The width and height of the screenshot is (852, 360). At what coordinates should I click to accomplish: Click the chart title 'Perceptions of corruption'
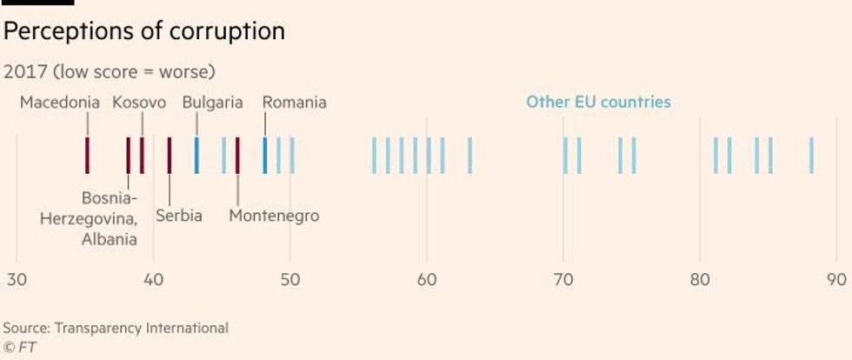point(144,32)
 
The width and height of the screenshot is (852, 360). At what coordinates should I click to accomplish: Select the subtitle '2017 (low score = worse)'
point(109,71)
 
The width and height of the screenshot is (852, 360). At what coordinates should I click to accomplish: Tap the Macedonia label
point(60,103)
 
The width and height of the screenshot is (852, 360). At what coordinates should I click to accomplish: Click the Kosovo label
point(139,103)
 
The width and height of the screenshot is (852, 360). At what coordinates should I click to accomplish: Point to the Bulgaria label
point(212,103)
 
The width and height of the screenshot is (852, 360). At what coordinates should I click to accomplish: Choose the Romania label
point(295,103)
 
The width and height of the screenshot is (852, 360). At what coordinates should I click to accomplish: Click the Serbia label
point(179,216)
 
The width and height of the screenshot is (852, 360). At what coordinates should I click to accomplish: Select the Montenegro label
point(274,216)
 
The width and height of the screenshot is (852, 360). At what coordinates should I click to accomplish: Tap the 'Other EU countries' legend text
point(598,103)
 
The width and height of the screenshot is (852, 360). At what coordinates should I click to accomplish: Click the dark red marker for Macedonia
point(87,155)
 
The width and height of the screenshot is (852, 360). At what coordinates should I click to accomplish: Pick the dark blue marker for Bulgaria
point(196,155)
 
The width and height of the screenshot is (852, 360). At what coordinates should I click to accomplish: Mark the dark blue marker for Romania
point(264,155)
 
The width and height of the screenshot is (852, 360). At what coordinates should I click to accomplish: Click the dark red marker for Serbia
point(169,155)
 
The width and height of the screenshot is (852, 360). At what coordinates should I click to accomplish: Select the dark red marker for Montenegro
point(237,155)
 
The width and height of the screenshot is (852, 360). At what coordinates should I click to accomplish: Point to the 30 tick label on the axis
point(17,280)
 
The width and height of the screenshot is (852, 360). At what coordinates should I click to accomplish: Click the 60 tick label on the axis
point(427,280)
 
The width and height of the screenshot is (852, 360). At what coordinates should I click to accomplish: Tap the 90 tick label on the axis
point(836,280)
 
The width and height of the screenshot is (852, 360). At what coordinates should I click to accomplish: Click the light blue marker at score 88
point(811,155)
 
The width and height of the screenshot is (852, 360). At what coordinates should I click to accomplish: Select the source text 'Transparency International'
point(141,328)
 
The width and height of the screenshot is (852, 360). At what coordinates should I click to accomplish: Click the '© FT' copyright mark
point(19,345)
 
